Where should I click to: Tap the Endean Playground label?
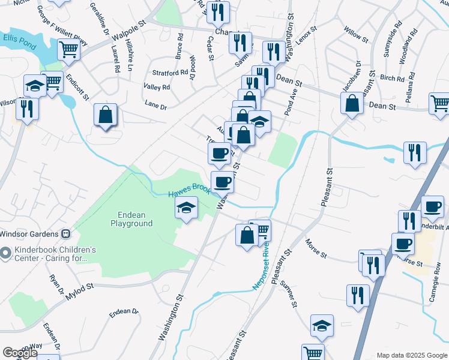click(131, 218)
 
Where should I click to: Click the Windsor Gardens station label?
click(33, 233)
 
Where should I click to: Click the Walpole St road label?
click(128, 33)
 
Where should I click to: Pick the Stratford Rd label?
click(170, 73)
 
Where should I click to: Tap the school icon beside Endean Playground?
click(186, 209)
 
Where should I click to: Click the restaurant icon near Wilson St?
click(26, 109)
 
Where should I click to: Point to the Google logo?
click(20, 353)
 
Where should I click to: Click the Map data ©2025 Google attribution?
click(411, 355)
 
